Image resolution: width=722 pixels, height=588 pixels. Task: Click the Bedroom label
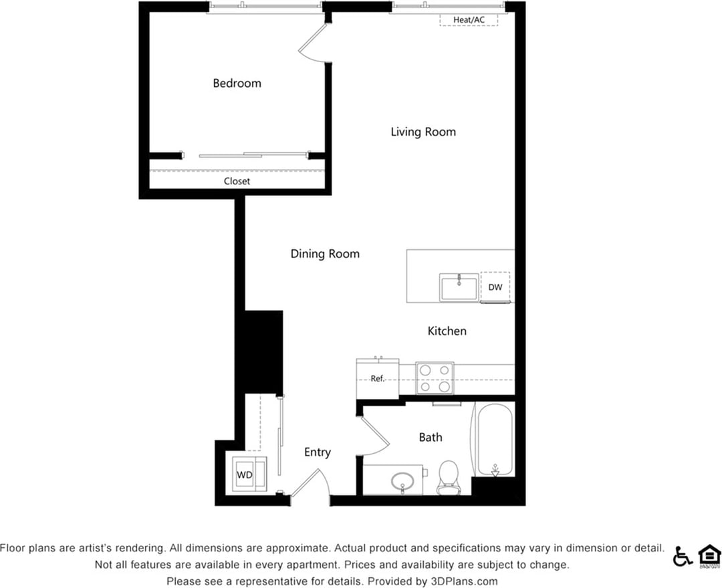click(x=237, y=84)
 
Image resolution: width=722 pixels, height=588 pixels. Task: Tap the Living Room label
click(x=423, y=132)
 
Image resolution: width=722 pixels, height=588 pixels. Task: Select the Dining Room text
click(x=325, y=254)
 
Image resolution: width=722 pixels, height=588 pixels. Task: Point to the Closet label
click(x=237, y=181)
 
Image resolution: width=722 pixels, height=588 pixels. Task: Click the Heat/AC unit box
click(x=469, y=20)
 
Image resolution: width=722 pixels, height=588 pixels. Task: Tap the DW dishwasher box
click(x=495, y=287)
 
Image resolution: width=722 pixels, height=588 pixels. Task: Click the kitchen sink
click(x=459, y=287)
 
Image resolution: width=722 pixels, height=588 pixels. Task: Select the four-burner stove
click(x=435, y=378)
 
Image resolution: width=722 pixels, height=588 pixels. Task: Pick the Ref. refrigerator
click(x=378, y=379)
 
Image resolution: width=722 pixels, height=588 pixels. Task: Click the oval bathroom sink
click(x=402, y=480)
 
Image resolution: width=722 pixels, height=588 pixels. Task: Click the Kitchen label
click(x=447, y=331)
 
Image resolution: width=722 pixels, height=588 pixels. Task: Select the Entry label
click(x=318, y=452)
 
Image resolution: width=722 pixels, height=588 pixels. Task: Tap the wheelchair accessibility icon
click(x=682, y=556)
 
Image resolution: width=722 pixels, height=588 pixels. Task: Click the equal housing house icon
click(x=709, y=556)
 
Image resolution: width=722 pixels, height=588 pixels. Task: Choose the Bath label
click(x=431, y=437)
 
